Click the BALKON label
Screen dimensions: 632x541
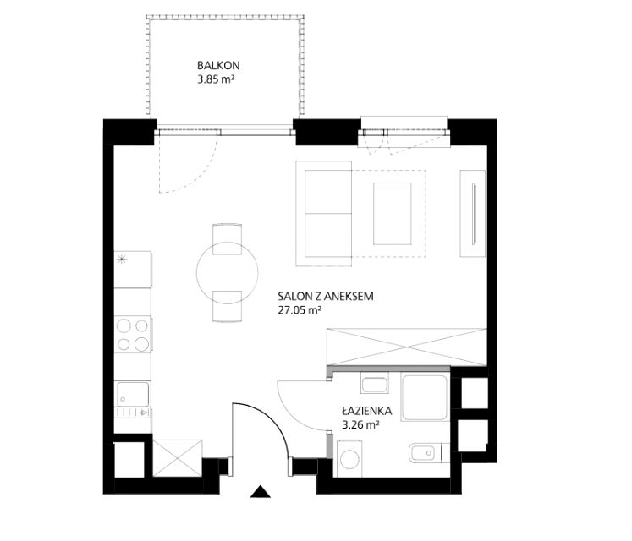[x=218, y=65]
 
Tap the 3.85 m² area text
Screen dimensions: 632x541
[x=216, y=79]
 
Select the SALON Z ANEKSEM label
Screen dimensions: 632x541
[x=326, y=297]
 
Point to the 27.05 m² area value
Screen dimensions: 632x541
[x=300, y=310]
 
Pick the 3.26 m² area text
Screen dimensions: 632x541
[x=360, y=424]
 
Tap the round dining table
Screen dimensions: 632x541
[x=228, y=273]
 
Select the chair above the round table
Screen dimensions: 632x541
[x=228, y=239]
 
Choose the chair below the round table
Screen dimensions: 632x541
[x=228, y=306]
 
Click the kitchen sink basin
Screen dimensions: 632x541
[x=133, y=394]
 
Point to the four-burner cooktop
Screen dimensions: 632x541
[x=133, y=335]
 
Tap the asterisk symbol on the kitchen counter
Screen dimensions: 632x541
[x=120, y=259]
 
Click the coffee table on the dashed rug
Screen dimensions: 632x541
[x=393, y=214]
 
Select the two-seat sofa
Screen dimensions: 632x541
[x=324, y=214]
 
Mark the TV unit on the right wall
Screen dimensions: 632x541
[x=473, y=214]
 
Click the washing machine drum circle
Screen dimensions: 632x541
[x=349, y=459]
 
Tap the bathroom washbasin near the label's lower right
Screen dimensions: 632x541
[x=422, y=453]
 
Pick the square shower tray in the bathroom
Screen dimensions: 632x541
[x=425, y=397]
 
